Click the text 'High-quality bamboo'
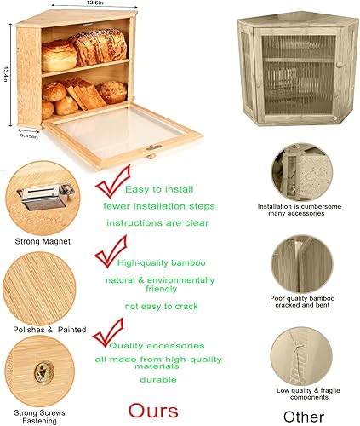161,263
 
